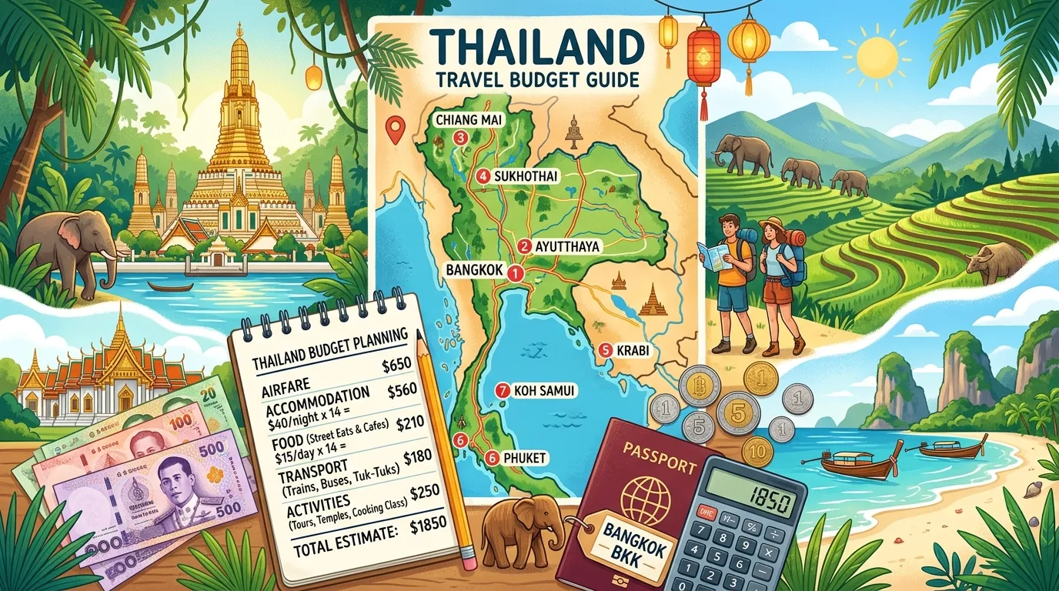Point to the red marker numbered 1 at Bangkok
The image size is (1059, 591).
tap(516, 272)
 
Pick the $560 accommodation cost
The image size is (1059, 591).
tap(402, 391)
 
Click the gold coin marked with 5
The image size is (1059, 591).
tap(737, 413)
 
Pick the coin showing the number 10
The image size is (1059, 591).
tap(757, 452)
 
